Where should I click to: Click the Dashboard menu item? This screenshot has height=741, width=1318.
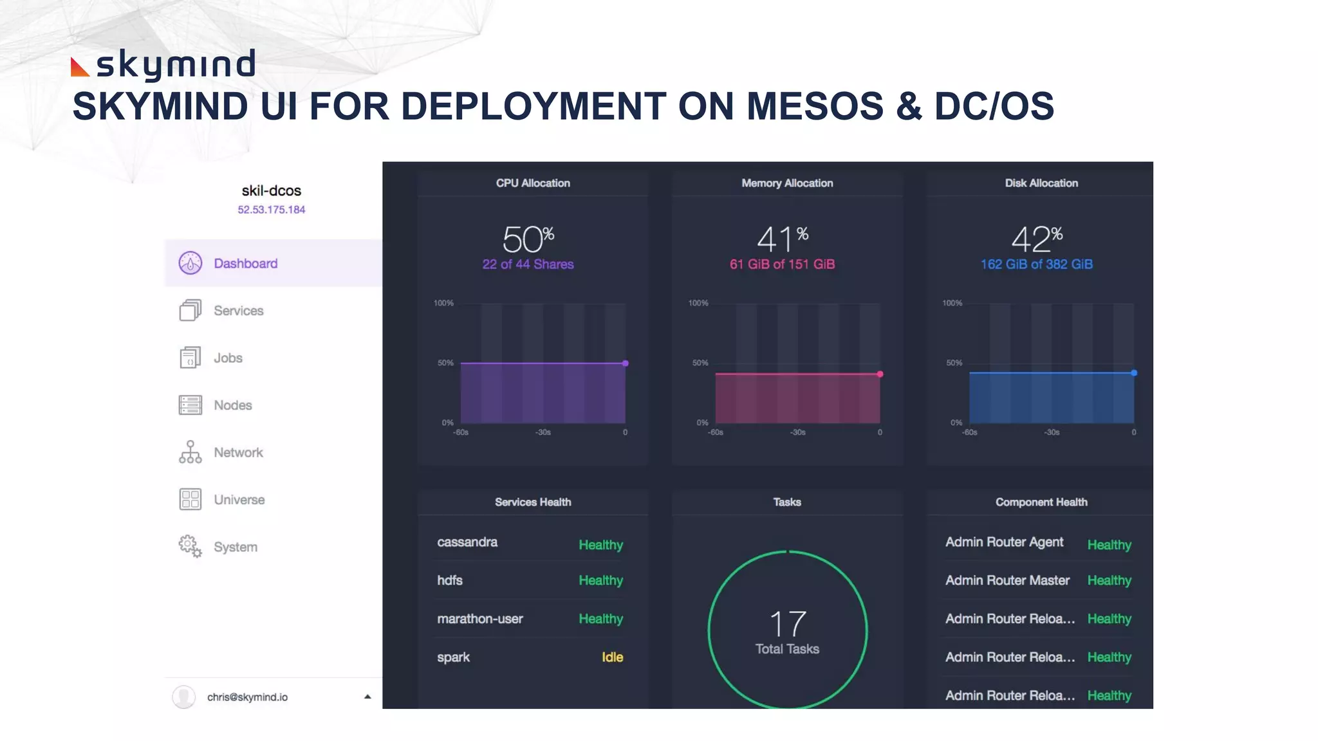245,263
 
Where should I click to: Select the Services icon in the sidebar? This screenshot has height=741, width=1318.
190,311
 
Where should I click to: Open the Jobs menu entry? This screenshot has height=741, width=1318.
228,358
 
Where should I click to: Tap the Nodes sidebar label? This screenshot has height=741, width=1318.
232,405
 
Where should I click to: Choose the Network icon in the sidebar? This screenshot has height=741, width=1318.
190,452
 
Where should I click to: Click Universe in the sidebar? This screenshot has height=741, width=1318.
239,500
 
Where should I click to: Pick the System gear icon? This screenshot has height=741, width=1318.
190,546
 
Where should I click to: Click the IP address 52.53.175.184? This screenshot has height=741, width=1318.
271,210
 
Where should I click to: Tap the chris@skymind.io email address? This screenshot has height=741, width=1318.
247,697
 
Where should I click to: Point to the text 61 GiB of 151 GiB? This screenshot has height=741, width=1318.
782,264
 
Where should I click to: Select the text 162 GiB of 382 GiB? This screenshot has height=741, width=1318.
1036,264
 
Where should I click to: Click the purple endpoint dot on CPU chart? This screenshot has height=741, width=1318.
625,363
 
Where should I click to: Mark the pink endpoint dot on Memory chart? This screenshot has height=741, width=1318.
880,374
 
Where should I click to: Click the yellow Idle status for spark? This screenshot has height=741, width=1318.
612,657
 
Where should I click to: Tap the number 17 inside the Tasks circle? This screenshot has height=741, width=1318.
787,623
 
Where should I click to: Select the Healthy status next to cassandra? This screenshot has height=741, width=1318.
600,545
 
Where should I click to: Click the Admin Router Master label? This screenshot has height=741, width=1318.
1007,580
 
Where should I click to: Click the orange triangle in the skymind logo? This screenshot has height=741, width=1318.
79,68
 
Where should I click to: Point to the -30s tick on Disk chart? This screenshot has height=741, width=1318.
1052,432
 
